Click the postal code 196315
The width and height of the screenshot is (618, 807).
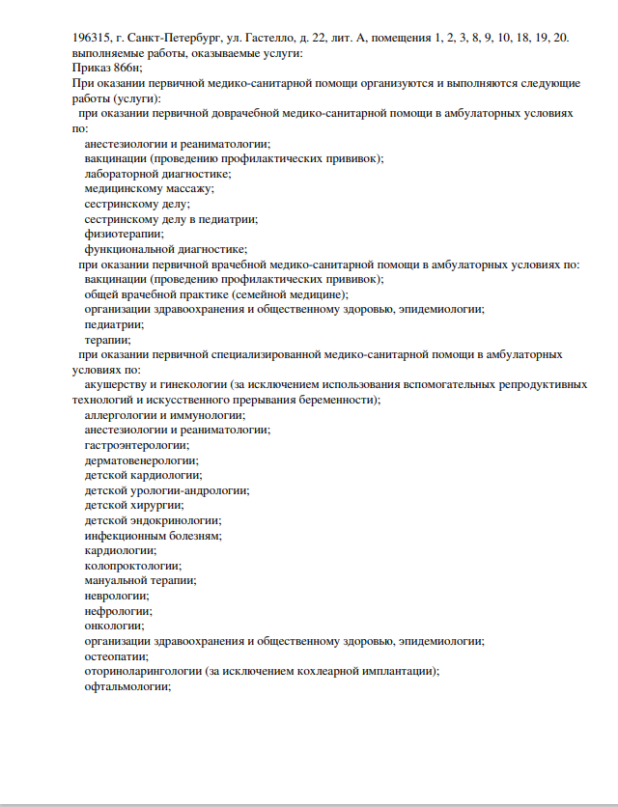pyautogui.click(x=92, y=38)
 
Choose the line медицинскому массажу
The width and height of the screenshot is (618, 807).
pyautogui.click(x=150, y=188)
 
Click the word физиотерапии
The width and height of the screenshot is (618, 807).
pyautogui.click(x=124, y=234)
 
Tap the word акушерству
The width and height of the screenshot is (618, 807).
pyautogui.click(x=121, y=384)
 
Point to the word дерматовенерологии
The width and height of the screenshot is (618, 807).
pyautogui.click(x=141, y=459)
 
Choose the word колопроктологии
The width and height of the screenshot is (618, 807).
pyautogui.click(x=132, y=566)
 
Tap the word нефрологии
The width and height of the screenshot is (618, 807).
pyautogui.click(x=118, y=610)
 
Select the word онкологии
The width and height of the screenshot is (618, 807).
pyautogui.click(x=114, y=626)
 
